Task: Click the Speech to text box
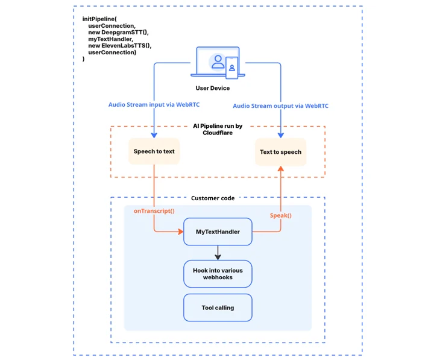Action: click(x=154, y=151)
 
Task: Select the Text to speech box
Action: click(x=281, y=152)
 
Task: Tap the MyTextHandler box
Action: click(x=218, y=232)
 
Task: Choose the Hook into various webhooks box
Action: click(x=218, y=274)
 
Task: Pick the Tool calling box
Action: click(x=218, y=308)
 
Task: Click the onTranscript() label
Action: click(x=154, y=211)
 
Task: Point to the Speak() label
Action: click(x=281, y=215)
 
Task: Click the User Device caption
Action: click(x=212, y=88)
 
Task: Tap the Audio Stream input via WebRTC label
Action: click(x=154, y=104)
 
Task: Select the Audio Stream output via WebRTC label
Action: click(x=281, y=106)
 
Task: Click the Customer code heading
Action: click(x=213, y=198)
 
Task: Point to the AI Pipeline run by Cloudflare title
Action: click(x=218, y=129)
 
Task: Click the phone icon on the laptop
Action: click(x=231, y=68)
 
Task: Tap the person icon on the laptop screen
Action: click(x=218, y=62)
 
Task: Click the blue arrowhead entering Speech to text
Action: click(x=154, y=135)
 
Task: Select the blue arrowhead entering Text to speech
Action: click(x=281, y=135)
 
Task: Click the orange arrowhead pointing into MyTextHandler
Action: click(x=181, y=232)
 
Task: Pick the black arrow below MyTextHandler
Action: click(x=218, y=253)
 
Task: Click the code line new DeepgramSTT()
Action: click(x=119, y=32)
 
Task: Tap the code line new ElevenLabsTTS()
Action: click(x=120, y=46)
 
